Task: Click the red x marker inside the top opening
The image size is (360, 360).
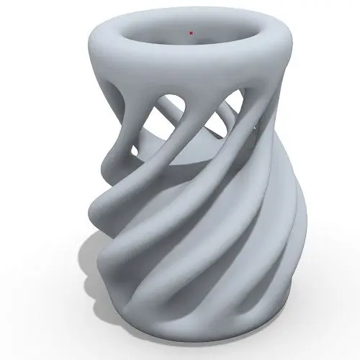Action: (190, 32)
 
